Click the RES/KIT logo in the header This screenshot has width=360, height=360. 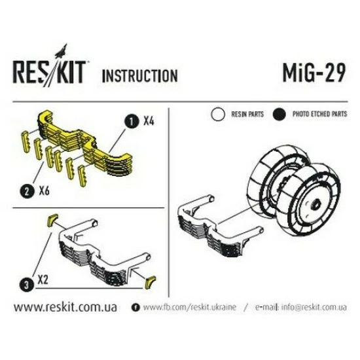[x=48, y=72]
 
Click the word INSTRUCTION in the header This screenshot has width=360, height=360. [x=139, y=75]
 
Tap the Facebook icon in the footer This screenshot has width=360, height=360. [x=135, y=307]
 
